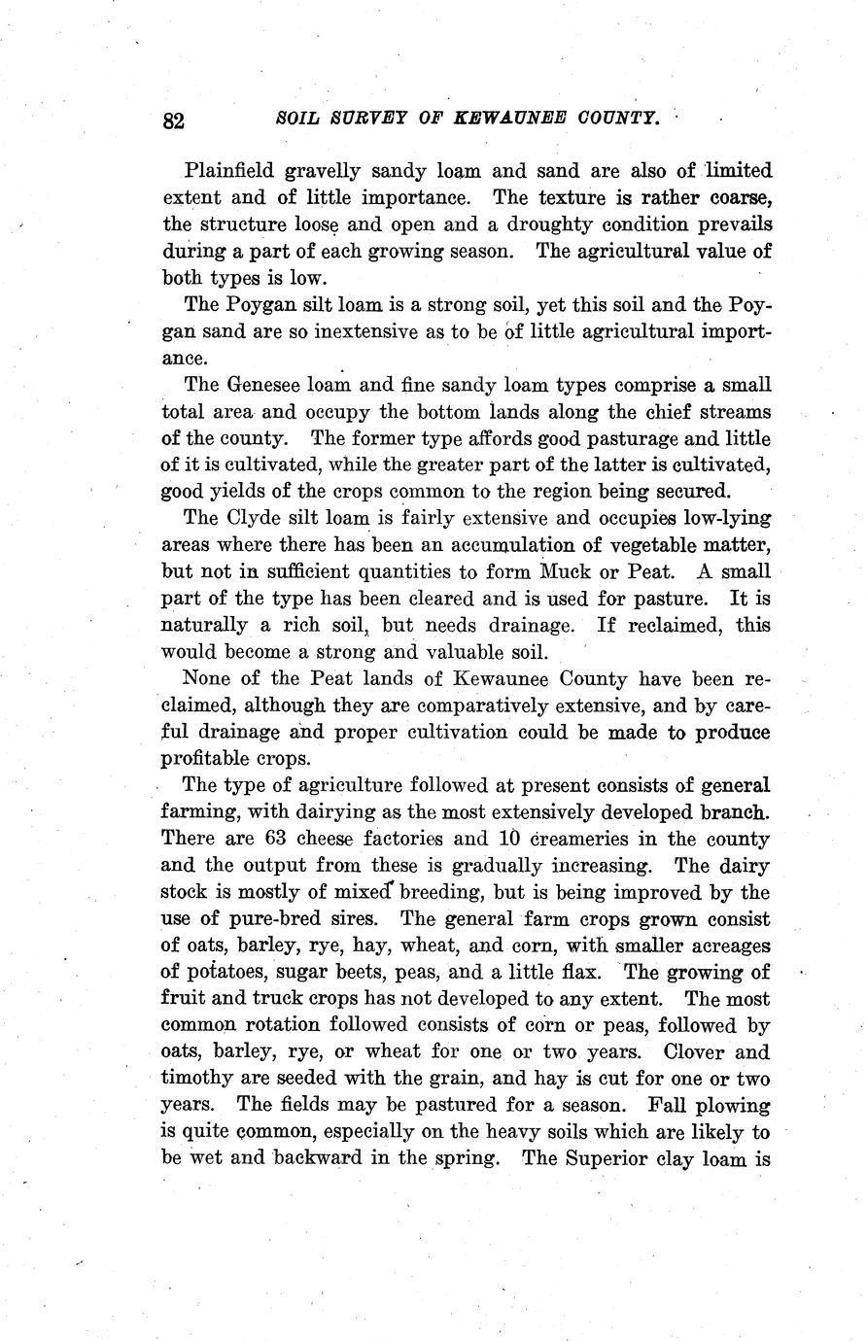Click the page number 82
point(174,120)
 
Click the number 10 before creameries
point(511,838)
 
